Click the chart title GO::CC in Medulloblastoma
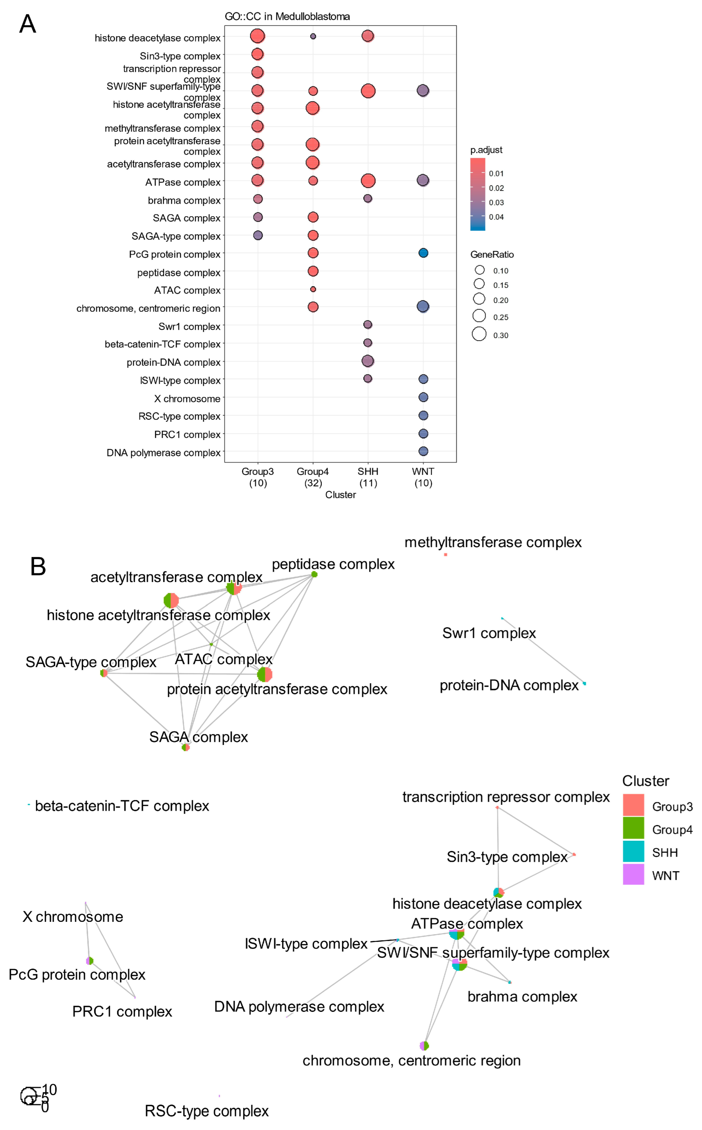point(287,17)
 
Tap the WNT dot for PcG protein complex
point(423,253)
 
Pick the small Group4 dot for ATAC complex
point(313,289)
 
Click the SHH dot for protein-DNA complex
point(368,361)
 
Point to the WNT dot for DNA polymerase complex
point(423,451)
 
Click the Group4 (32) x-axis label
point(313,477)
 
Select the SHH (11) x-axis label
point(368,477)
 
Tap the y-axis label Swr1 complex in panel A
point(189,327)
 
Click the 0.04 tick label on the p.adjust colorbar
point(496,217)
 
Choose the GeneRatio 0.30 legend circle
point(479,334)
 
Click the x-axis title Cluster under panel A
point(340,495)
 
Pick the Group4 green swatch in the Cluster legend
point(633,828)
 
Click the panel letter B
point(38,567)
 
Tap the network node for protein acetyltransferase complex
point(265,674)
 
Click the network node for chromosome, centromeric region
point(424,1046)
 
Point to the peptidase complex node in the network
point(314,575)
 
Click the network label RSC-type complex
point(207,1111)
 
